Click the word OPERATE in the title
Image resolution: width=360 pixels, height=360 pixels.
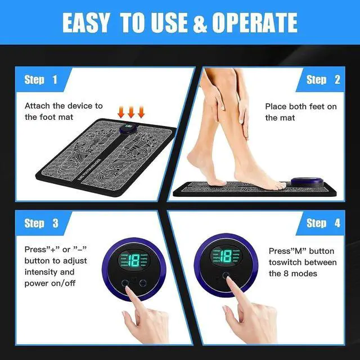pos(255,22)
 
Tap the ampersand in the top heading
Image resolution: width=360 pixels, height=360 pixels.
pos(200,22)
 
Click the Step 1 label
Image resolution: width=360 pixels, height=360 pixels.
pos(41,80)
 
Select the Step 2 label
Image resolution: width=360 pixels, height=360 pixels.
pos(323,80)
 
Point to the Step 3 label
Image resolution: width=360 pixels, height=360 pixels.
pos(41,223)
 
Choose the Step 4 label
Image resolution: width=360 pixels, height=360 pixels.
pos(323,223)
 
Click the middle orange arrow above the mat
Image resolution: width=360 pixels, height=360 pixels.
pos(131,112)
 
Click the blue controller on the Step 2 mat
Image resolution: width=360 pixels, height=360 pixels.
pos(307,182)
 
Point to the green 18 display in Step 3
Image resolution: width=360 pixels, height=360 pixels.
pos(133,260)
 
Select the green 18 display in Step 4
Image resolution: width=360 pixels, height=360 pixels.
pos(226,256)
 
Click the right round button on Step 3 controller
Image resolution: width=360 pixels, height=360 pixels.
pos(143,283)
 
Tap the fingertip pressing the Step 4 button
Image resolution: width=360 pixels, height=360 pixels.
pos(229,280)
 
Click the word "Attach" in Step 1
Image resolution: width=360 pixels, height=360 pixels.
pos(37,106)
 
